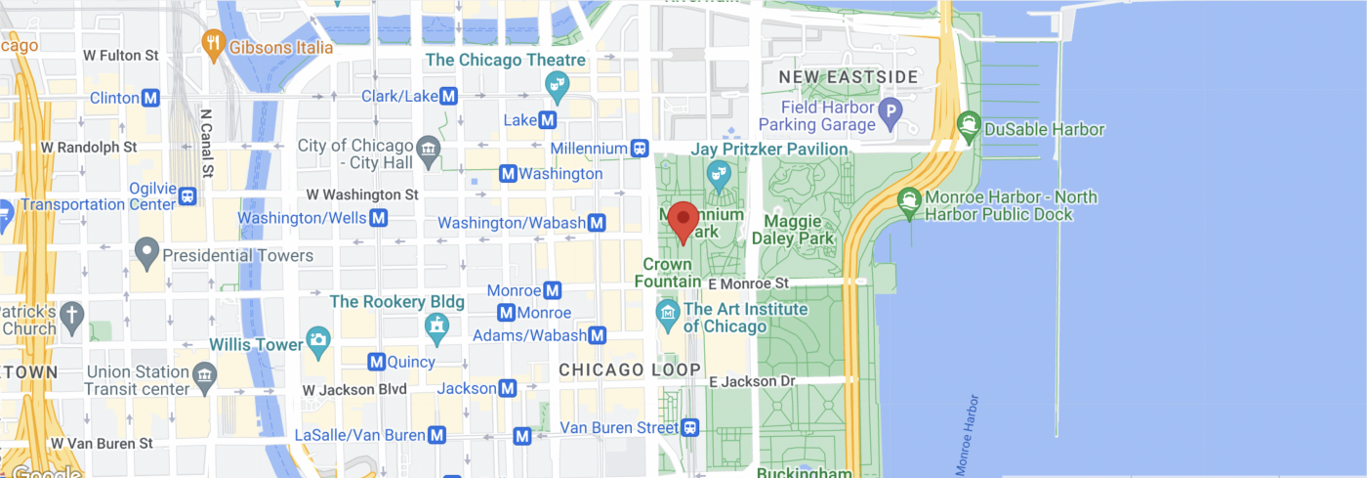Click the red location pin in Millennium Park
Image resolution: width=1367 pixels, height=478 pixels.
(x=683, y=220)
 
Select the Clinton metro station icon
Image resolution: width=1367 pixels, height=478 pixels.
(x=150, y=98)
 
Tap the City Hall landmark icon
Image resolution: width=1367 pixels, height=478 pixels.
(x=428, y=151)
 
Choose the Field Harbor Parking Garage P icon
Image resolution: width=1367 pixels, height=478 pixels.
(x=890, y=113)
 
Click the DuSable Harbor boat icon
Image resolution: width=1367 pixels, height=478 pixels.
(x=969, y=124)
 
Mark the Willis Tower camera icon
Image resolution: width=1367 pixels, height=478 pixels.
(x=317, y=341)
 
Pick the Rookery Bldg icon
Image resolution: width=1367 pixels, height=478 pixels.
(x=436, y=325)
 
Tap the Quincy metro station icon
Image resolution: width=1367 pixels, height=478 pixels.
(x=378, y=362)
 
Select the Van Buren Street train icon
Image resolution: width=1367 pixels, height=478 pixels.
(x=690, y=427)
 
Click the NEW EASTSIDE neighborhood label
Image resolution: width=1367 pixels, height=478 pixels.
(x=848, y=76)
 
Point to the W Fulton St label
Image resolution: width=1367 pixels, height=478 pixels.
(x=121, y=56)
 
